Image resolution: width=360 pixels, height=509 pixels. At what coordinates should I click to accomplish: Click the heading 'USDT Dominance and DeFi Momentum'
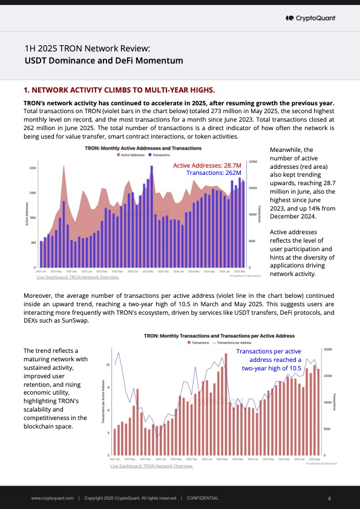coord(103,61)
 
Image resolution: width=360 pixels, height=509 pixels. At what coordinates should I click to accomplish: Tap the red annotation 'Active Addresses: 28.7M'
coord(207,165)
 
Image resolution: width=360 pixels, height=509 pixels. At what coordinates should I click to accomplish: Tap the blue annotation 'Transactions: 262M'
coord(214,173)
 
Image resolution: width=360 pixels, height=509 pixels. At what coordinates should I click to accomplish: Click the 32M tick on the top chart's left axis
coord(33,168)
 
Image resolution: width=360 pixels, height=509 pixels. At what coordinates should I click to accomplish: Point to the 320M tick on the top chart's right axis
coord(253,162)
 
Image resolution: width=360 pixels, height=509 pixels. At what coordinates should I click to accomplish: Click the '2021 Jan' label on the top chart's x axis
coord(41,272)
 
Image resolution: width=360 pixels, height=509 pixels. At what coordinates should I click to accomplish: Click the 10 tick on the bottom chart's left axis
coord(108,365)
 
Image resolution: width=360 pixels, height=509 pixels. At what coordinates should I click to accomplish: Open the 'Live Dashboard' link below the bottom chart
coord(151,466)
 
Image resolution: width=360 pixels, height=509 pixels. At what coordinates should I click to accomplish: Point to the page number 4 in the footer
coord(329,498)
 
